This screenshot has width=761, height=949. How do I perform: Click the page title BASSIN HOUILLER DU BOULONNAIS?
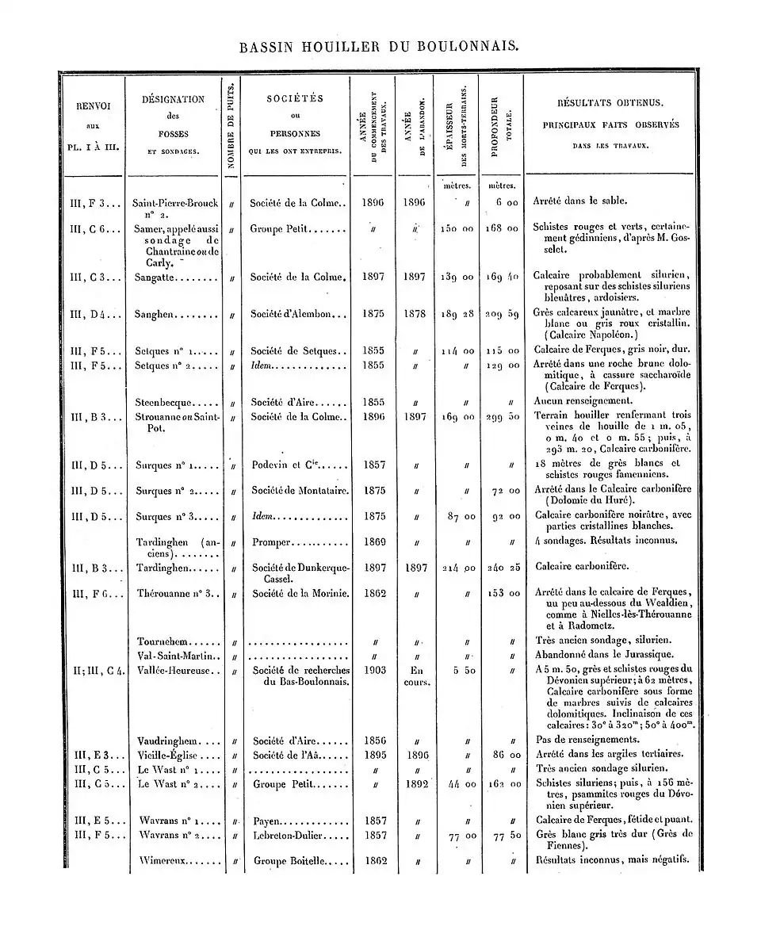pyautogui.click(x=380, y=47)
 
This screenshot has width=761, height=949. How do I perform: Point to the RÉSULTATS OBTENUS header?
pyautogui.click(x=610, y=104)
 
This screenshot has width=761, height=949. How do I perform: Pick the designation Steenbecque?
pyautogui.click(x=161, y=401)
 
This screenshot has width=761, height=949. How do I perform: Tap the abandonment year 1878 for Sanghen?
pyautogui.click(x=415, y=314)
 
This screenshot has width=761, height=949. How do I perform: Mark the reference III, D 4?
pyautogui.click(x=94, y=314)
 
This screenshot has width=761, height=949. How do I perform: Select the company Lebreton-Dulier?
pyautogui.click(x=290, y=835)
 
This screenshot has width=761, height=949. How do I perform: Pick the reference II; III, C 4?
pyautogui.click(x=98, y=671)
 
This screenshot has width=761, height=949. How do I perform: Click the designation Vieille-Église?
pyautogui.click(x=167, y=755)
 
